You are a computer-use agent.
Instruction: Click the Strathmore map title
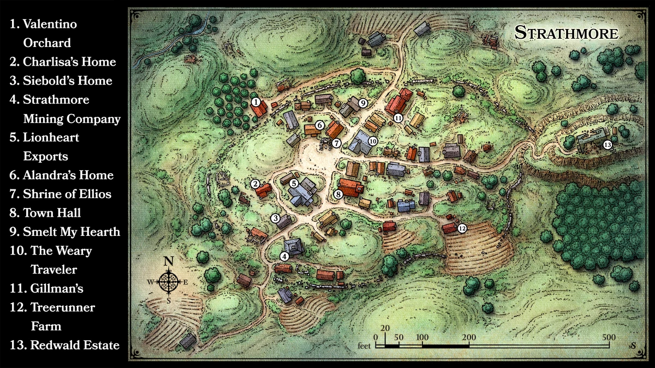click(567, 33)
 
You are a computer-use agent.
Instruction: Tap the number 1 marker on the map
click(255, 101)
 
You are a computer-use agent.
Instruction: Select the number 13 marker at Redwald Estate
click(608, 145)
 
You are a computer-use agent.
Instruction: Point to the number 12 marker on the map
click(462, 228)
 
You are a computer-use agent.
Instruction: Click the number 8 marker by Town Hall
click(338, 194)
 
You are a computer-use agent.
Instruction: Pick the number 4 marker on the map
click(284, 256)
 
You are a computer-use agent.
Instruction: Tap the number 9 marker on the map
click(363, 103)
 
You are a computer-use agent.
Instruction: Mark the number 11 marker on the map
click(398, 117)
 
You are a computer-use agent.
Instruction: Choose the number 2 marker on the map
click(255, 184)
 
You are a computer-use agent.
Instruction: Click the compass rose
click(169, 282)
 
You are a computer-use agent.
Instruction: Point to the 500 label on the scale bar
click(609, 336)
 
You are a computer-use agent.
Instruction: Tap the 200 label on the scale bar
click(468, 336)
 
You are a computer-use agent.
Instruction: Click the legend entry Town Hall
click(52, 213)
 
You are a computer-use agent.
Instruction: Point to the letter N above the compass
click(169, 262)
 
